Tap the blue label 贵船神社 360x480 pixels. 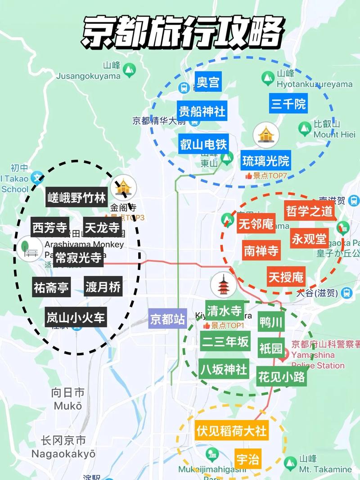[x=202, y=111]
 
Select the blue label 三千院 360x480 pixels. [x=288, y=104]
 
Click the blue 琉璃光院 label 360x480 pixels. [x=266, y=160]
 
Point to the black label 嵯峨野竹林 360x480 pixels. [x=77, y=197]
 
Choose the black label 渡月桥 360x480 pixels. [x=103, y=287]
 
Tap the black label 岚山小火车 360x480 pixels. [x=76, y=318]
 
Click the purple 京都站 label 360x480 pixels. [x=167, y=319]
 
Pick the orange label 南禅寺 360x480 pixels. [x=261, y=251]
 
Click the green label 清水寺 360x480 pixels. [x=225, y=311]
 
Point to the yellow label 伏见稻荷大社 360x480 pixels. [x=232, y=431]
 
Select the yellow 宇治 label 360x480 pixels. [x=248, y=459]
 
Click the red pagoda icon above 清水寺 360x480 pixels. [x=223, y=285]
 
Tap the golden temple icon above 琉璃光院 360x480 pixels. [x=266, y=135]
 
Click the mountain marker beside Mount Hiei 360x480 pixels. [x=305, y=129]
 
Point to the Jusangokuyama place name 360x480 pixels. [x=89, y=76]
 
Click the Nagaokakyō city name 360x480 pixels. [x=63, y=454]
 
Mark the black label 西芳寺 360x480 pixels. [x=49, y=228]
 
